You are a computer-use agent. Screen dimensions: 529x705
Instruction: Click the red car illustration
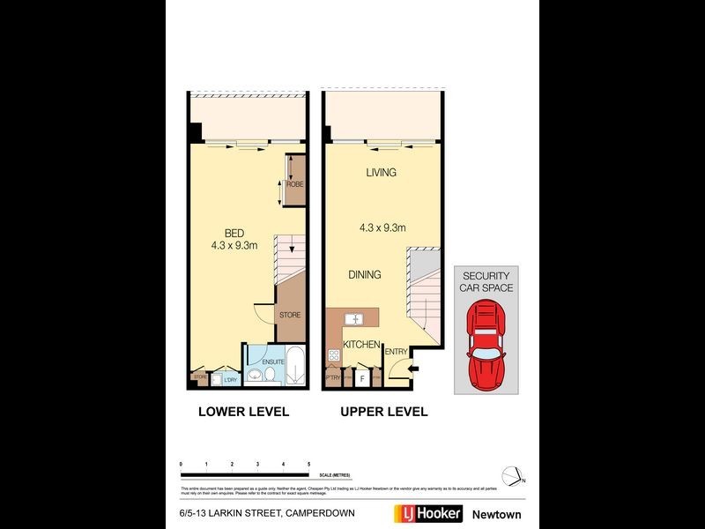pos(486,345)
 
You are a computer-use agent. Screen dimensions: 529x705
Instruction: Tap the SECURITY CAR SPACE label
pos(486,281)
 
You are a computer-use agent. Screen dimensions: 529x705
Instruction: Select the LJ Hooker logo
pos(422,514)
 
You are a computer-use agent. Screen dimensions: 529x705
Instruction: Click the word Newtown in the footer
pos(497,514)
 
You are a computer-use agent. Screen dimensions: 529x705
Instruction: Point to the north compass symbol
pos(511,475)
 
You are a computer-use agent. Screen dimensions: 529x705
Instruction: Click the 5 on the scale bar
pos(308,464)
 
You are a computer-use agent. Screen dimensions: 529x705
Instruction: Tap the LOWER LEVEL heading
pos(243,412)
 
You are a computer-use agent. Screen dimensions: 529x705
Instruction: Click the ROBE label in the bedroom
pos(293,184)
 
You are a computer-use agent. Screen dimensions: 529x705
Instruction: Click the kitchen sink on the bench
pos(355,318)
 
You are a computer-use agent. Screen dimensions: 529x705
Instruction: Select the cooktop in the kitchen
pos(334,355)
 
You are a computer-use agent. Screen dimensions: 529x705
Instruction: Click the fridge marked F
pos(362,378)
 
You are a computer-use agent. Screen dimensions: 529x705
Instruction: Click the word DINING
pos(364,275)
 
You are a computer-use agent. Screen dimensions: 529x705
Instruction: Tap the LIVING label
pos(381,173)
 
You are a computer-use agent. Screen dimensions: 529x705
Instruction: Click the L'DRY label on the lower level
pos(231,380)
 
